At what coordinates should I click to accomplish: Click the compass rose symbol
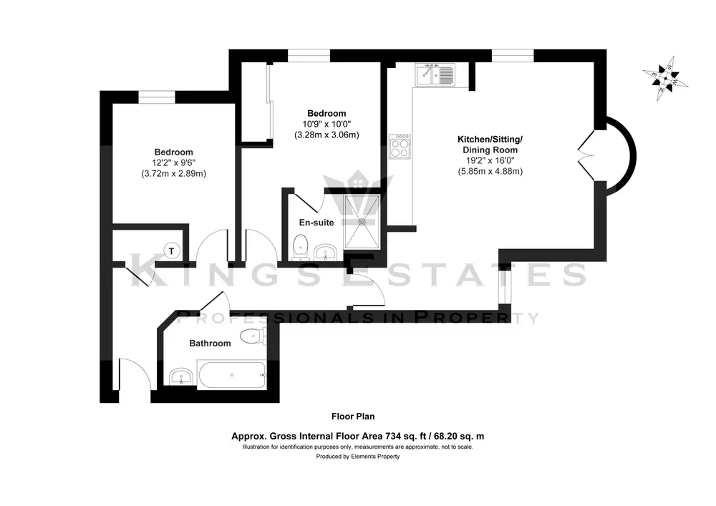coord(665,79)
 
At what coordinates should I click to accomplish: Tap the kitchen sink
coord(435,74)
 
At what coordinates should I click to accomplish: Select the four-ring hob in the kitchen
coord(400,147)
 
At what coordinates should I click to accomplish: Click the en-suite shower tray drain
coord(362,222)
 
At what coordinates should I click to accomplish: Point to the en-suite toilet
coord(301,248)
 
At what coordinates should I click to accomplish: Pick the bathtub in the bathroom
coord(231,375)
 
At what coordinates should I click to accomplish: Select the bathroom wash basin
coord(181,377)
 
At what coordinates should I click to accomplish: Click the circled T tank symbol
coord(172,250)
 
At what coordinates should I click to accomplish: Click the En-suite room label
coord(316,223)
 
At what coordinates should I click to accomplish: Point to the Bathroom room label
coord(210,343)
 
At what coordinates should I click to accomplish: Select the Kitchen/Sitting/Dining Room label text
coord(490,144)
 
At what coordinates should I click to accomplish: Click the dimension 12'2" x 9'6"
coord(173,163)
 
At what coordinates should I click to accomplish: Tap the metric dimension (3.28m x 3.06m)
coord(326,135)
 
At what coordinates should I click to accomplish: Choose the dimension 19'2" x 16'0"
coord(490,160)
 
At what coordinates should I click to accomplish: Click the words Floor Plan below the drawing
coord(353,416)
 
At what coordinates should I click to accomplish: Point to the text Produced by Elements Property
coord(358,457)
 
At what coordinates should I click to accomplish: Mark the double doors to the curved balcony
coord(586,157)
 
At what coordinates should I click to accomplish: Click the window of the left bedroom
coord(157,97)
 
